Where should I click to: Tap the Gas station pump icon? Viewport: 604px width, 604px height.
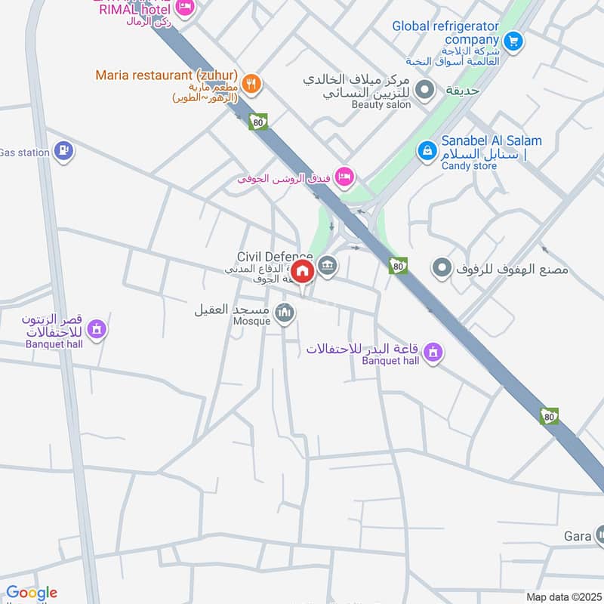click(x=65, y=151)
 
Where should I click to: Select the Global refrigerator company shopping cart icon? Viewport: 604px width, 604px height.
click(x=513, y=40)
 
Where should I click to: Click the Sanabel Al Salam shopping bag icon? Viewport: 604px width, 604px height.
click(x=427, y=151)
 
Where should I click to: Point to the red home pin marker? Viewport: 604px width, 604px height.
click(x=303, y=272)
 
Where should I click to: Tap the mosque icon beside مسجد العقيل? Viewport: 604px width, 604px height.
click(x=285, y=311)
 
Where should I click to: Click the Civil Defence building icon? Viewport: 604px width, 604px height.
click(x=327, y=265)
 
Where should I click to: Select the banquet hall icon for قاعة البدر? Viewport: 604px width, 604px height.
click(x=433, y=351)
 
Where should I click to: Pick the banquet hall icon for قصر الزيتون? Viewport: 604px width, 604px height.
click(x=96, y=329)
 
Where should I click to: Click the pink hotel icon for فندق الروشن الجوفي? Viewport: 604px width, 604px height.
click(x=344, y=177)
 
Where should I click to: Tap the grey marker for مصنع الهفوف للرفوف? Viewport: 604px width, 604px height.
click(x=442, y=267)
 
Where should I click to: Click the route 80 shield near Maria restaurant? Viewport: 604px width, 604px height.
click(x=258, y=122)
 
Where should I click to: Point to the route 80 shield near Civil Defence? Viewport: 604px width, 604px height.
click(x=398, y=266)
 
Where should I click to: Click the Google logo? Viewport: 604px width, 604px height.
click(x=31, y=593)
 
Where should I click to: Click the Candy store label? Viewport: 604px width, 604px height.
click(x=470, y=165)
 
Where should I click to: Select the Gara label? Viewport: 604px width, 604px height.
click(x=578, y=536)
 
